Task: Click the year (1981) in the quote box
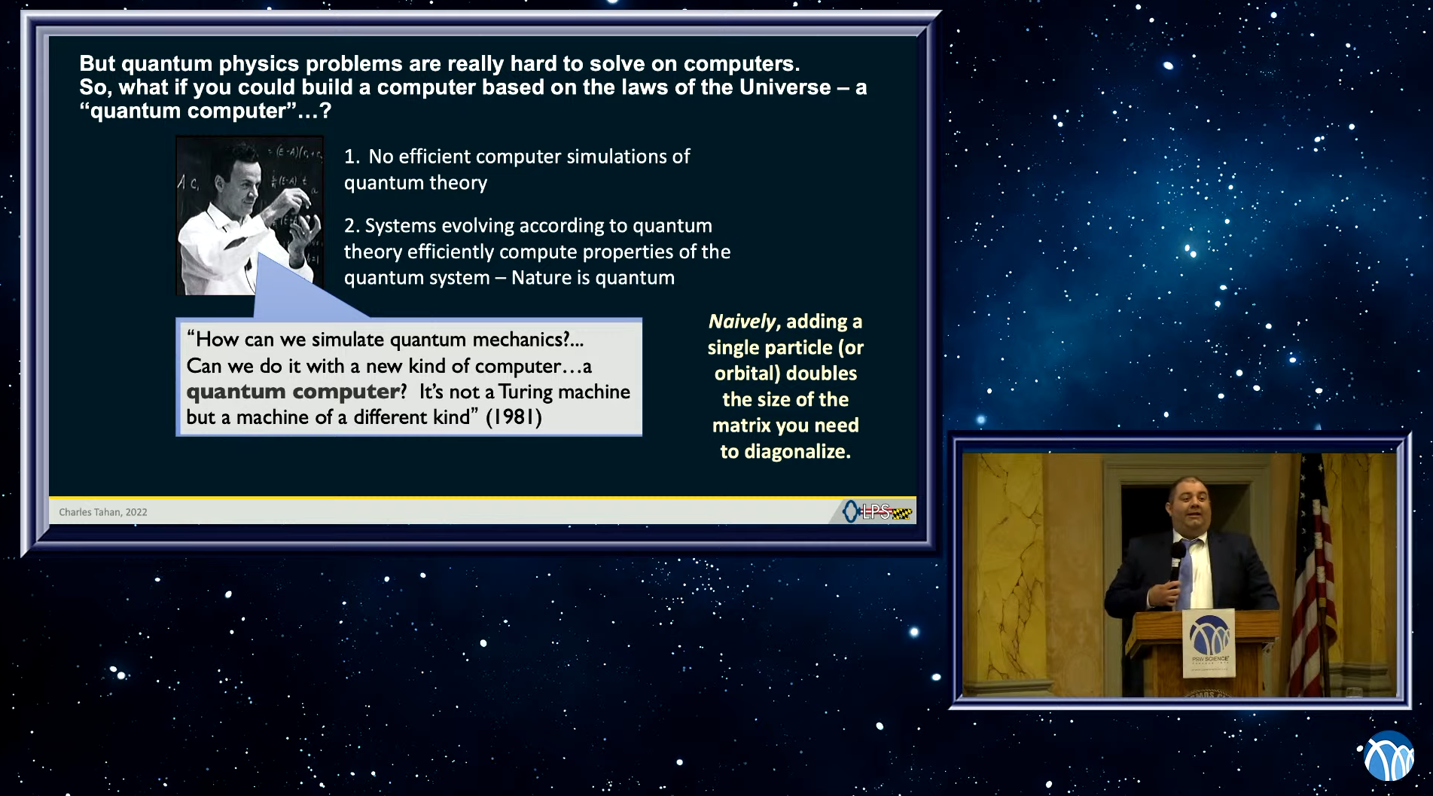coord(514,417)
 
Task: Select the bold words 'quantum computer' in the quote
coord(293,392)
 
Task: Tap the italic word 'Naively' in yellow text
coord(742,322)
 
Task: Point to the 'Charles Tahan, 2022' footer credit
coord(103,512)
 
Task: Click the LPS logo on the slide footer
coord(877,512)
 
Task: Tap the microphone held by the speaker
coord(1175,562)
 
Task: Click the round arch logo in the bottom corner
coord(1389,756)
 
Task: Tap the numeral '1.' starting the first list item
coord(352,157)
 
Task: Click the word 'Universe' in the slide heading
coord(785,87)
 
